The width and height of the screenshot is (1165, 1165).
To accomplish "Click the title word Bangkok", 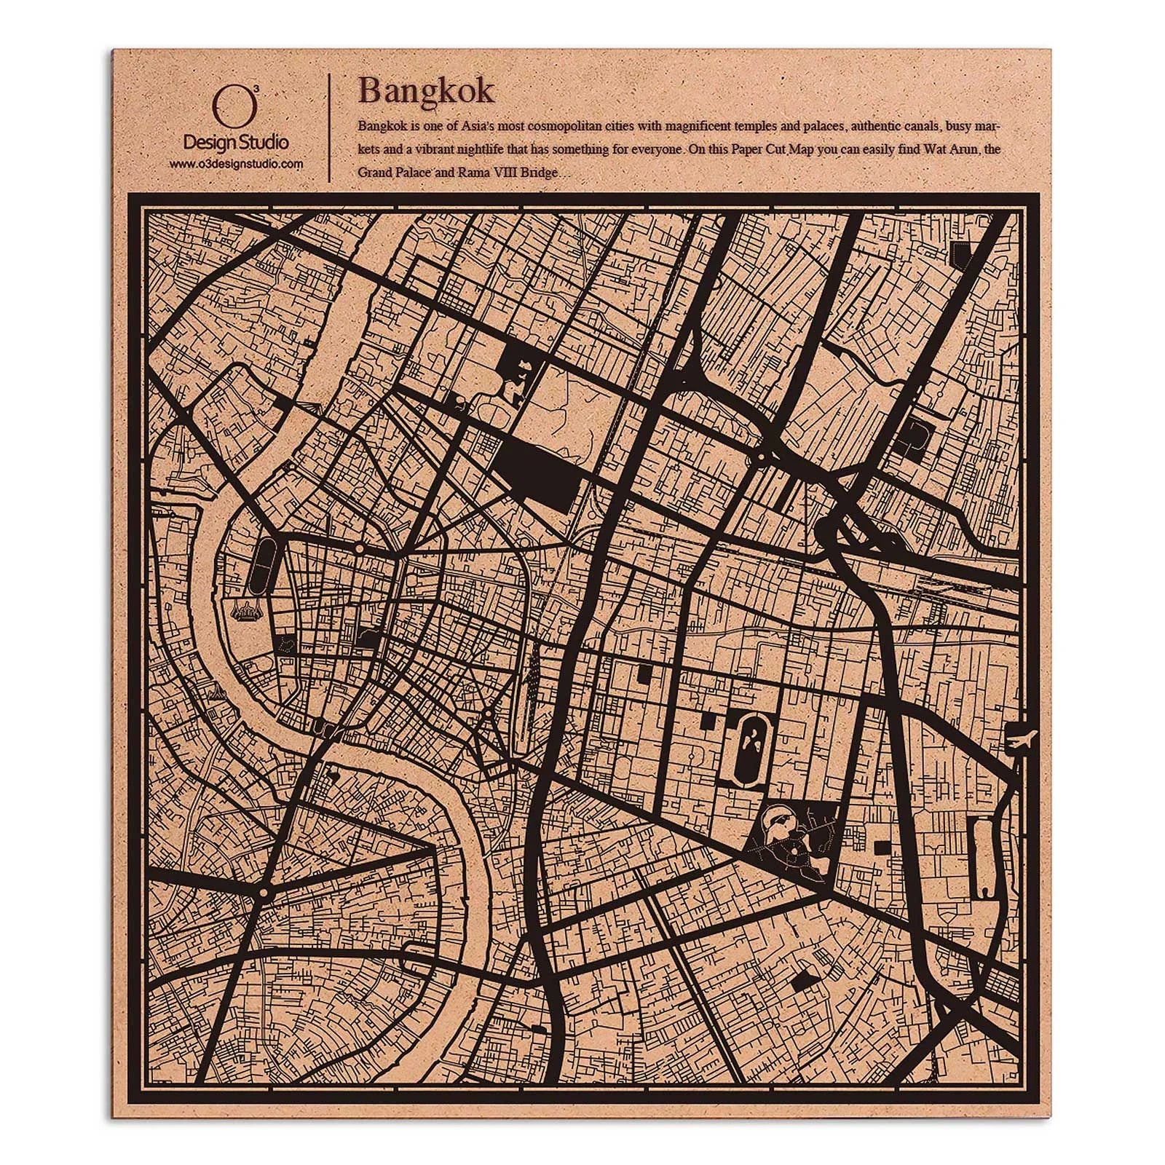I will coord(426,91).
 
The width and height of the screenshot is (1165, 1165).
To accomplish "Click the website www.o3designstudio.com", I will coord(236,165).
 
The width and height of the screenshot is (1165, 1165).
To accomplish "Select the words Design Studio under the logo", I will coord(235,142).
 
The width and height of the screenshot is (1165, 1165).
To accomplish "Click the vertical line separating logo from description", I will coord(331,127).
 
